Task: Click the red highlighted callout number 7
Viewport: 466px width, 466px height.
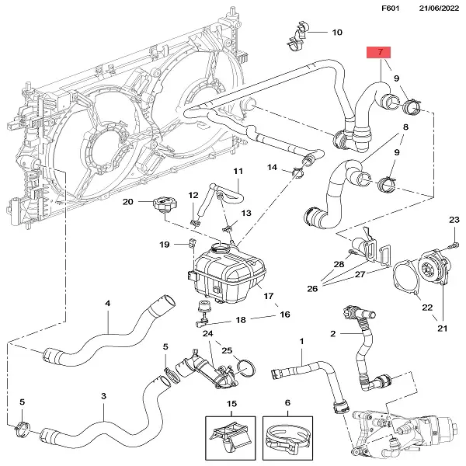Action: point(379,53)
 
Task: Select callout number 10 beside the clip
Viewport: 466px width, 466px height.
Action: point(336,33)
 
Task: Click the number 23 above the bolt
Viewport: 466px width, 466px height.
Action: point(454,221)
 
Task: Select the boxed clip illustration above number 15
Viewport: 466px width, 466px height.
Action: point(231,436)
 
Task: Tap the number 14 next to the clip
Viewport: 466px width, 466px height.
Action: point(273,168)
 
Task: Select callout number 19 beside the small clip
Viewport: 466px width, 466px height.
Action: point(165,245)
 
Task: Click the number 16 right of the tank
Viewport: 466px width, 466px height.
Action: point(285,315)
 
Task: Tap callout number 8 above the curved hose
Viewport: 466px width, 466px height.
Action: point(405,126)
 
